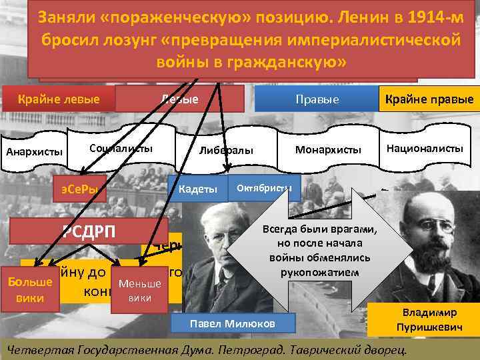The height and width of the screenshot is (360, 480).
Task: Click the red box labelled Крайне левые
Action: [59, 99]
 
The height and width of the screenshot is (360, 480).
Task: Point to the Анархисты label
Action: [33, 151]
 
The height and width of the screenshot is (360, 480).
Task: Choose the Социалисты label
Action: [121, 148]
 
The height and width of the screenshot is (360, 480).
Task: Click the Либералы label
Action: [226, 151]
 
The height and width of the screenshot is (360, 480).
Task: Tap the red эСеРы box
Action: [79, 190]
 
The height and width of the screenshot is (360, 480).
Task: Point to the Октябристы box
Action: [264, 187]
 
